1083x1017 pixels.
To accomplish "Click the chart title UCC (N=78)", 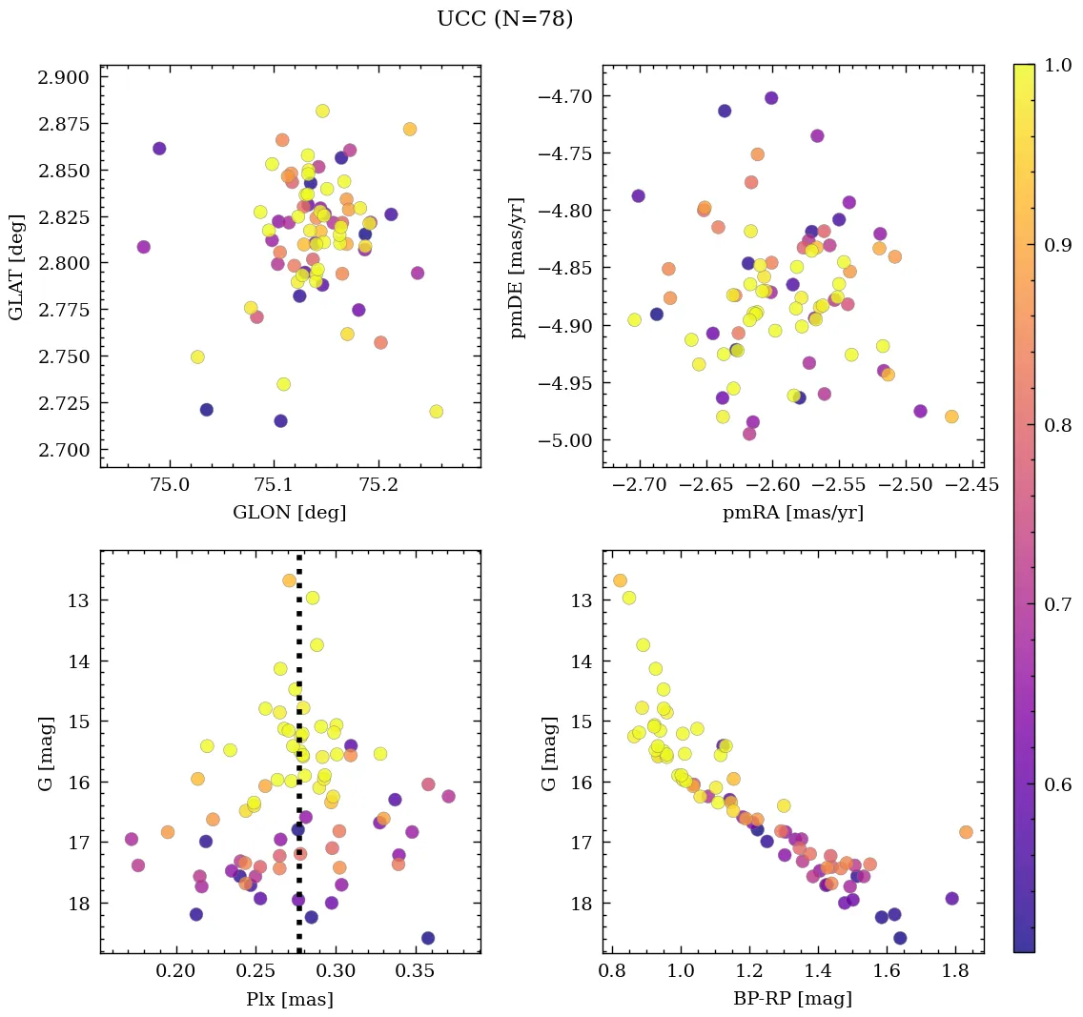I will pyautogui.click(x=505, y=19).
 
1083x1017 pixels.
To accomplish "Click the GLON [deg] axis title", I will pyautogui.click(x=290, y=513).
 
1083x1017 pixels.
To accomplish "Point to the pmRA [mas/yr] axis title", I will pyautogui.click(x=793, y=513).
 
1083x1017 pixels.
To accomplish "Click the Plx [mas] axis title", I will pyautogui.click(x=290, y=999).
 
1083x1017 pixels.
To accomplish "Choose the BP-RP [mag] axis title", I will pyautogui.click(x=793, y=999).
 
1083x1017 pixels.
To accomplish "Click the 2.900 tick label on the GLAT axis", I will pyautogui.click(x=63, y=77).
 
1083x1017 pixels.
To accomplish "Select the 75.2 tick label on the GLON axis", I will pyautogui.click(x=378, y=484).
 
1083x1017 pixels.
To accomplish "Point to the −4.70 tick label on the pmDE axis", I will pyautogui.click(x=566, y=96).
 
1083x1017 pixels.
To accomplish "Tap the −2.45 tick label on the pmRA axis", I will pyautogui.click(x=974, y=484).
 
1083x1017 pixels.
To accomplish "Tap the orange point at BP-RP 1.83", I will pyautogui.click(x=966, y=832).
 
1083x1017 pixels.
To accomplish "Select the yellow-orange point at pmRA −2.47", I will pyautogui.click(x=951, y=417).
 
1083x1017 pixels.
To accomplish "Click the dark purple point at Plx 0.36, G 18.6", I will pyautogui.click(x=428, y=938).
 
